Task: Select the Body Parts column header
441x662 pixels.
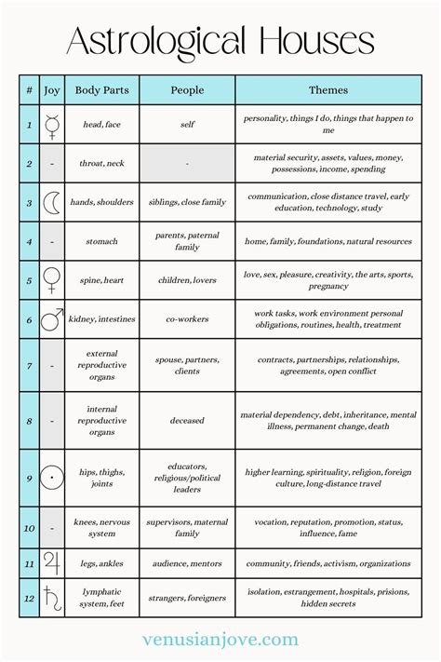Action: [101, 90]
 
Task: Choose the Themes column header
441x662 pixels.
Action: [328, 90]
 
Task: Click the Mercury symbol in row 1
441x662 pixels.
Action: [52, 125]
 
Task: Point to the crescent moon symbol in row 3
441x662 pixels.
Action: [52, 202]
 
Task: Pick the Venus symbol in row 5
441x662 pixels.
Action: [52, 279]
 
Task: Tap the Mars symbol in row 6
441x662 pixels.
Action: [53, 317]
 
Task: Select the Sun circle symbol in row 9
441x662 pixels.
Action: [52, 478]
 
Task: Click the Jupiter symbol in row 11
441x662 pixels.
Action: [52, 563]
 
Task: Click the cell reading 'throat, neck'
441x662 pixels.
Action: [101, 163]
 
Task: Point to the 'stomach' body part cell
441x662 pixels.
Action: [101, 241]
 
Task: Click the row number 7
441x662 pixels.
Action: [29, 364]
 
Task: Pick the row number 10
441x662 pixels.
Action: [29, 528]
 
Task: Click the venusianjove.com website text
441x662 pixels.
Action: [220, 640]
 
